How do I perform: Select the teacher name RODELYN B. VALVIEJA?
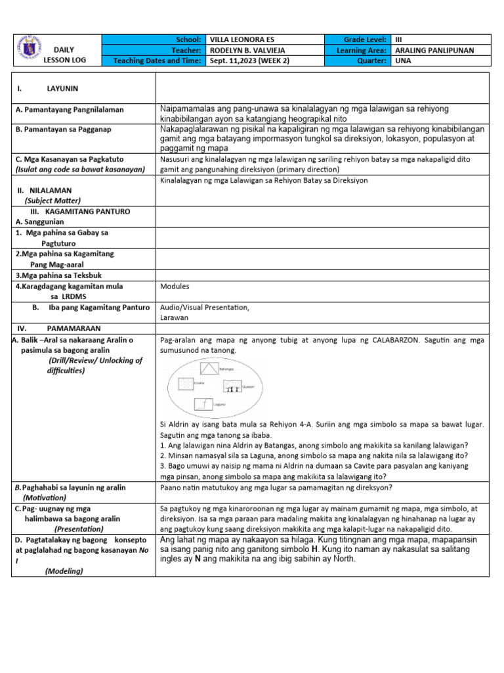(x=249, y=51)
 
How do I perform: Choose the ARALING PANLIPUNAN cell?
(x=434, y=51)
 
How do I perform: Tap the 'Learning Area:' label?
(x=362, y=51)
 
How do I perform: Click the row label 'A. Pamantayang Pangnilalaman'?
(x=70, y=109)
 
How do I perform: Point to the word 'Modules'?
(x=175, y=287)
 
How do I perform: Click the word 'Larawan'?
(x=175, y=317)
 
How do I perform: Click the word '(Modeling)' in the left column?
(x=64, y=571)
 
